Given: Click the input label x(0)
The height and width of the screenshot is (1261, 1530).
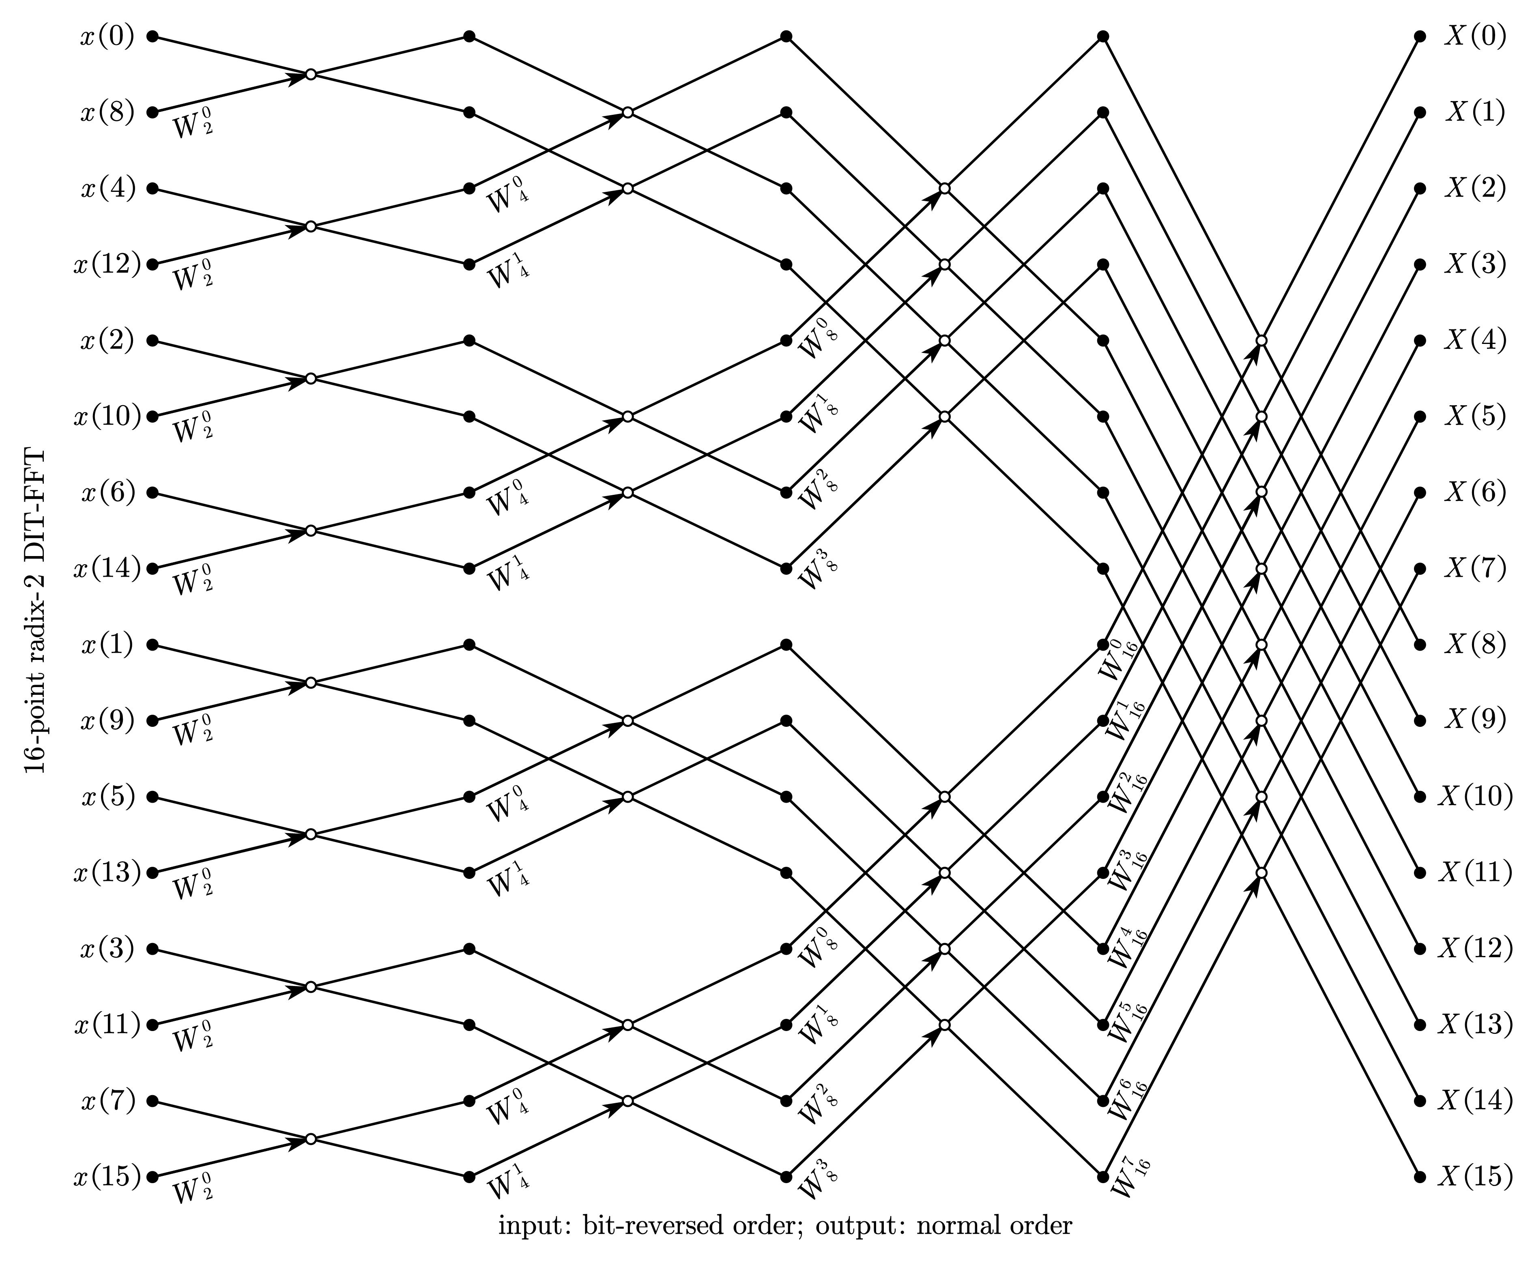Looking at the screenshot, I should [x=107, y=37].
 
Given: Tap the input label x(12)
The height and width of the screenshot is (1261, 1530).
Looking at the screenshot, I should [x=107, y=264].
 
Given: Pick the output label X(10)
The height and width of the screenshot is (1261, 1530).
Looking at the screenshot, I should [x=1475, y=797].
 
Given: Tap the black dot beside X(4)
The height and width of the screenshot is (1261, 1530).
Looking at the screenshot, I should [x=1420, y=341].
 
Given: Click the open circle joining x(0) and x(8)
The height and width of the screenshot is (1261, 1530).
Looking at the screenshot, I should [x=311, y=75].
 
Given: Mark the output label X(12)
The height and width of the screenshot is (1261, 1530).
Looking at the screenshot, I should [x=1475, y=949].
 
